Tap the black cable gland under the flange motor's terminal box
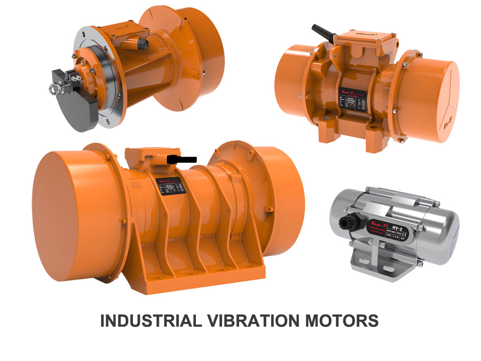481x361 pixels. coord(141,44)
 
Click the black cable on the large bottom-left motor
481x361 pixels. coord(186,159)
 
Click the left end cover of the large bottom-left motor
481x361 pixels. coord(66,217)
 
